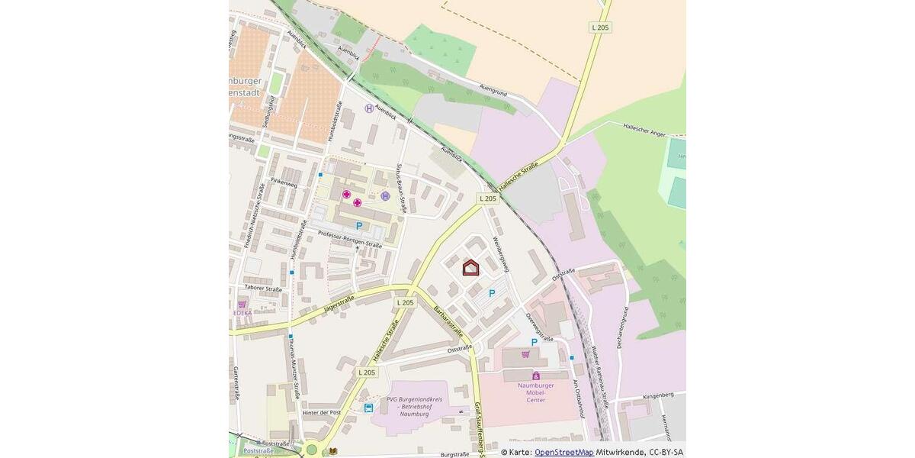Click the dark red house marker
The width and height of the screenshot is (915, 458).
(x=471, y=267)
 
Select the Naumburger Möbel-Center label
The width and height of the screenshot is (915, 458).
(x=536, y=392)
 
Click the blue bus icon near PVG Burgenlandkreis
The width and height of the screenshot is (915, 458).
(x=369, y=408)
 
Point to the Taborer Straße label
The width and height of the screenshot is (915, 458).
(x=263, y=289)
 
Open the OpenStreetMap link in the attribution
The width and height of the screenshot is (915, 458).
(x=563, y=452)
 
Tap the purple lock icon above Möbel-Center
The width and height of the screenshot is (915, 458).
(x=536, y=376)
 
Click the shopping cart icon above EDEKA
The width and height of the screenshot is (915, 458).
(x=242, y=304)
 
